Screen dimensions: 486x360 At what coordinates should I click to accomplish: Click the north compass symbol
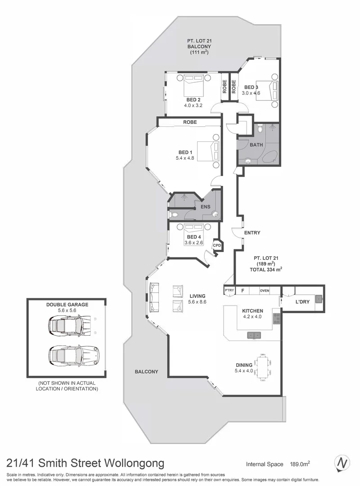[x=342, y=463]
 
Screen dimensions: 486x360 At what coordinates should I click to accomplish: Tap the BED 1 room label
[x=184, y=152]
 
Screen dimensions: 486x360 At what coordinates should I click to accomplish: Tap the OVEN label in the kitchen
[x=264, y=291]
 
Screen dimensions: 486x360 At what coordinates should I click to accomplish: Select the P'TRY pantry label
[x=229, y=291]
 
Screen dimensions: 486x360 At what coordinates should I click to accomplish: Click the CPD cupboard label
[x=217, y=246]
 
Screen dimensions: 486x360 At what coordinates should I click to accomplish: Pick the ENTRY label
[x=252, y=233]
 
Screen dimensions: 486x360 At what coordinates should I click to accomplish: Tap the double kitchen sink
[x=254, y=335]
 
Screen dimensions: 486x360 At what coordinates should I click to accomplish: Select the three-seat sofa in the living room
[x=154, y=297]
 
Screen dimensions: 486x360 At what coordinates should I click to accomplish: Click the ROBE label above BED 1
[x=189, y=122]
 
